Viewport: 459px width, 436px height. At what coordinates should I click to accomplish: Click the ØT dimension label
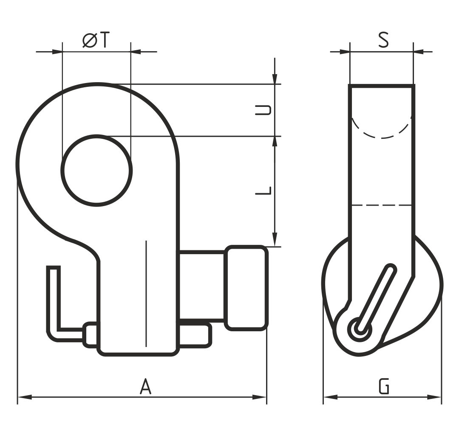pos(96,40)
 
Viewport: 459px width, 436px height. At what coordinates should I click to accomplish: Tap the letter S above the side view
pos(383,40)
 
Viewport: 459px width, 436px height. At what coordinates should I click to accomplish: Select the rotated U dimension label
pos(263,110)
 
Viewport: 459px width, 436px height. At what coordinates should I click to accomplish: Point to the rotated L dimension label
pos(263,191)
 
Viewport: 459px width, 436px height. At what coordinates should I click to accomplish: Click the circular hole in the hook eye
pos(96,170)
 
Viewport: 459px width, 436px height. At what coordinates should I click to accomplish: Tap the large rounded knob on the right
pos(246,288)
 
